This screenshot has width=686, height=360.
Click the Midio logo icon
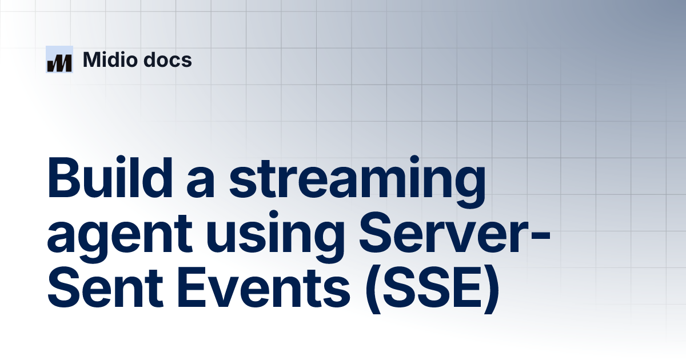pyautogui.click(x=59, y=59)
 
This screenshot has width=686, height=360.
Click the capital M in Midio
pyautogui.click(x=92, y=59)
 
